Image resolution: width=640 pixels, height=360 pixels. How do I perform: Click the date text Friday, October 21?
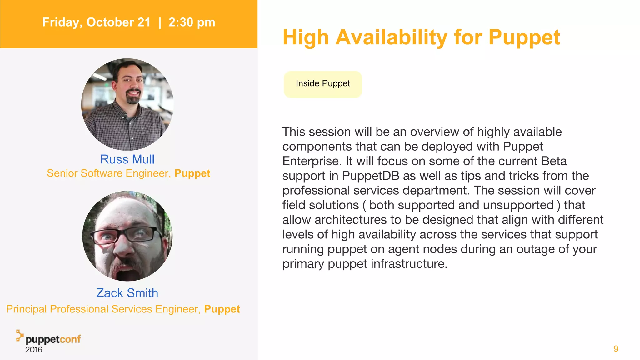pos(96,22)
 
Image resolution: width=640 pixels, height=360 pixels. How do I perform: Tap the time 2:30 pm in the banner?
pos(192,22)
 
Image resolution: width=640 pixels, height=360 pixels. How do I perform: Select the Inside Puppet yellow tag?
pos(322,84)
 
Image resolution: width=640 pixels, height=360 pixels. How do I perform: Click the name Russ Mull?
pos(127,159)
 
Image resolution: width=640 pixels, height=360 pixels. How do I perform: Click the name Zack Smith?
pos(127,293)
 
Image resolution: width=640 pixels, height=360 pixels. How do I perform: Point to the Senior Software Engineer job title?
pos(109,173)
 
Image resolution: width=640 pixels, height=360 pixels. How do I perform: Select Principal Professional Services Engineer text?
pos(103,309)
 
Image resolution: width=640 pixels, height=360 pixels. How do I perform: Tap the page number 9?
pos(616,349)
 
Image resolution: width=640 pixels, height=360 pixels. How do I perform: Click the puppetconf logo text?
pos(53,339)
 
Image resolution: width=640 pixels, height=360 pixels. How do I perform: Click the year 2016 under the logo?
pos(34,350)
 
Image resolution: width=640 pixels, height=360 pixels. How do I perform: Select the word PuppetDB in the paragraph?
pos(370,176)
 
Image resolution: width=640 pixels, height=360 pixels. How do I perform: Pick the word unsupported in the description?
pos(518,205)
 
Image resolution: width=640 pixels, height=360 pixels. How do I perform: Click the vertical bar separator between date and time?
pos(160,22)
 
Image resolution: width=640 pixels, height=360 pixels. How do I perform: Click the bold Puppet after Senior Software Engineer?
pos(192,173)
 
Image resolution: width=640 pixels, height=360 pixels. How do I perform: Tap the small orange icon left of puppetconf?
pos(20,335)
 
